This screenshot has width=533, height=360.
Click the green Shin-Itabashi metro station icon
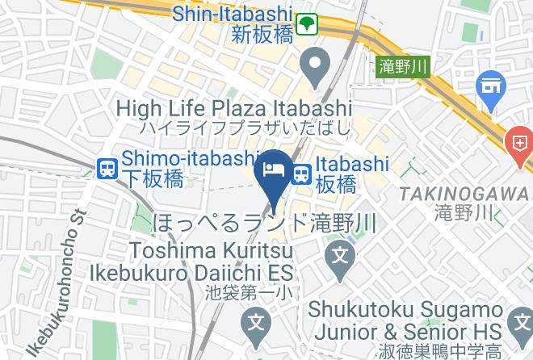click(308, 25)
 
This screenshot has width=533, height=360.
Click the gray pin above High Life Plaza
click(313, 64)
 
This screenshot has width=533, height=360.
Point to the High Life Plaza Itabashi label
click(234, 107)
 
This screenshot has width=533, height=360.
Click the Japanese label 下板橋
click(152, 178)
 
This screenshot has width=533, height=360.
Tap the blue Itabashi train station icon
click(302, 174)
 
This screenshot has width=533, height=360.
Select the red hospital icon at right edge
click(517, 144)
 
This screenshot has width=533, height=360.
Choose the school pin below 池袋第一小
click(257, 325)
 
